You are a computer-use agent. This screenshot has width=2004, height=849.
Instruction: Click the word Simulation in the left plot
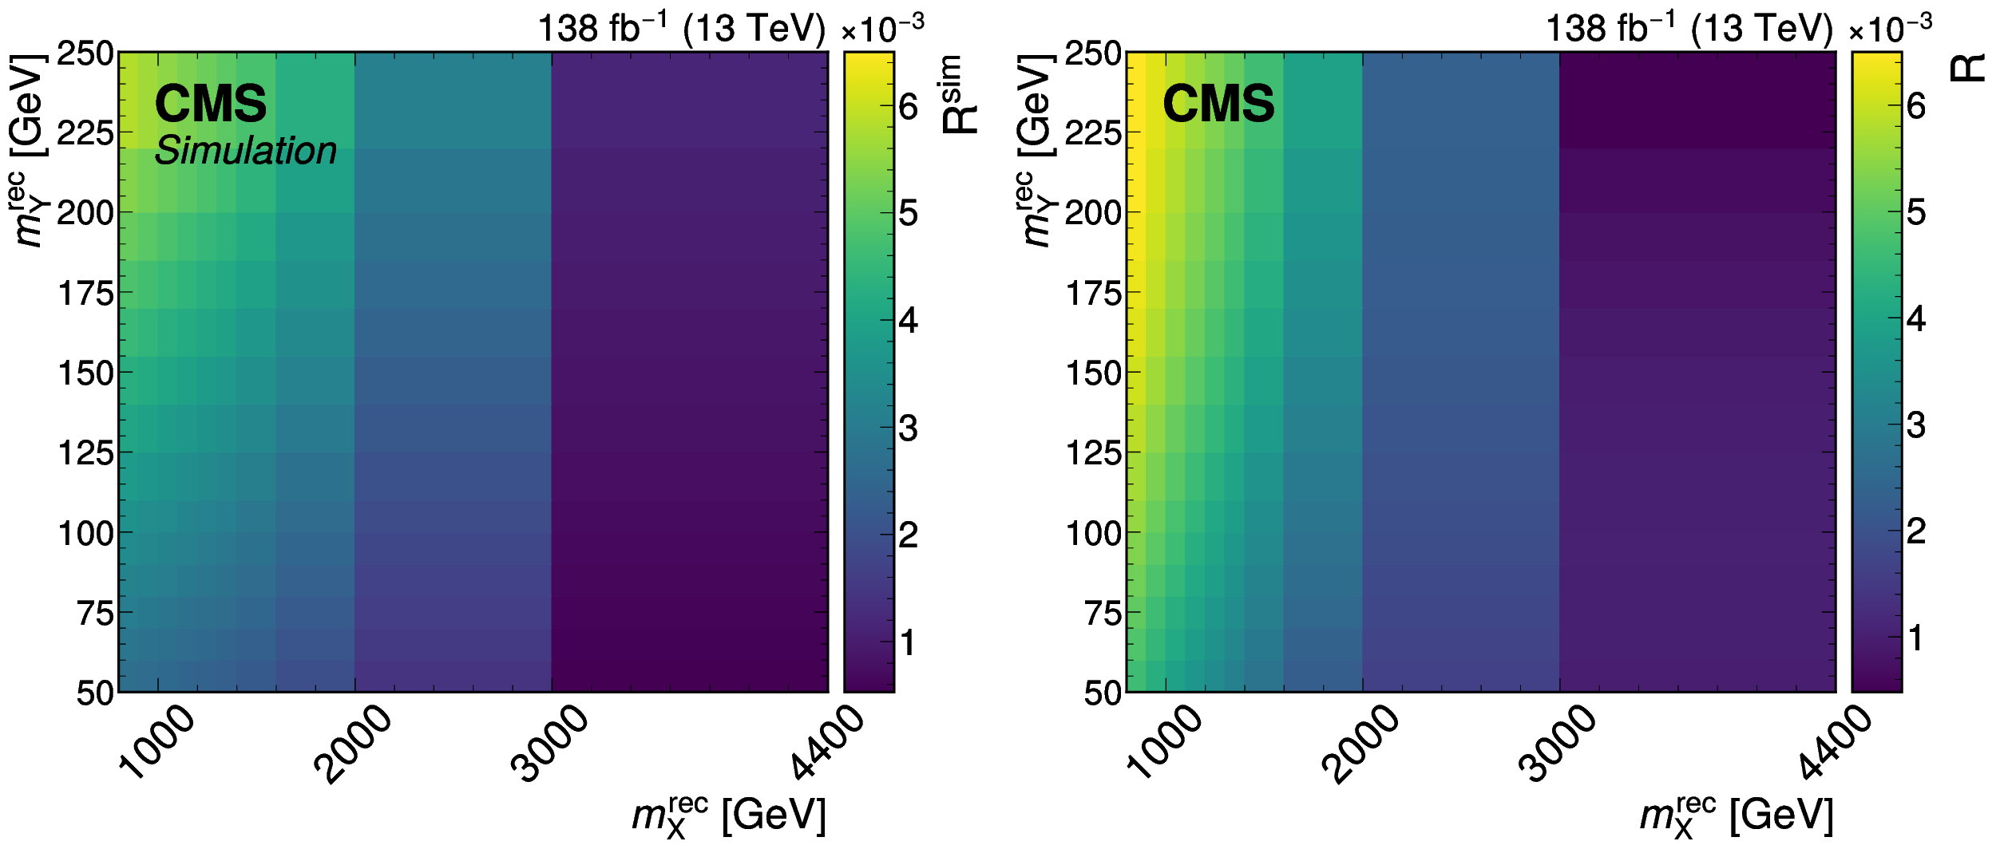click(x=245, y=151)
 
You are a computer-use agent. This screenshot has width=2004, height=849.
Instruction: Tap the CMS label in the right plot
click(x=1218, y=104)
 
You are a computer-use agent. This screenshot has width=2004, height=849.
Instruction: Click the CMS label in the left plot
click(x=210, y=104)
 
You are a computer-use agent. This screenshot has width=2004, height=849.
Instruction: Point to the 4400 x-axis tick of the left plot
click(x=828, y=742)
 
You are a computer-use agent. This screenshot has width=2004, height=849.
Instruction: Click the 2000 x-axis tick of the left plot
click(x=353, y=744)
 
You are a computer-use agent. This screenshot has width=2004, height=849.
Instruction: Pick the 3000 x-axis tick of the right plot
click(x=1558, y=744)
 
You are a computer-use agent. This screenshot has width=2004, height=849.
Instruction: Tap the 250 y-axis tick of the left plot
click(x=85, y=53)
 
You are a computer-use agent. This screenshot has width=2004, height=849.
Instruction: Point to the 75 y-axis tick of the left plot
click(x=95, y=613)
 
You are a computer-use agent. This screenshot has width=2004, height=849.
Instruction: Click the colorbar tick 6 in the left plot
click(x=909, y=107)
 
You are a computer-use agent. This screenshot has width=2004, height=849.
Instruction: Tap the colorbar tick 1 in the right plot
click(x=1915, y=638)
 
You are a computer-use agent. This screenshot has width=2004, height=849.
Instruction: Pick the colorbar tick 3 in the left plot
click(x=909, y=428)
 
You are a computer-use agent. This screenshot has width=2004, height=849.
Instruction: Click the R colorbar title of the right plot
click(x=1967, y=68)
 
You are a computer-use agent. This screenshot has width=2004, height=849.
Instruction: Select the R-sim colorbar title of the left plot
click(x=959, y=94)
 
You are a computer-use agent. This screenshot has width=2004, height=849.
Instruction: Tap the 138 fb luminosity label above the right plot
click(x=1689, y=29)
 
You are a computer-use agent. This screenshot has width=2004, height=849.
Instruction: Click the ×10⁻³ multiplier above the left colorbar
click(x=882, y=29)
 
